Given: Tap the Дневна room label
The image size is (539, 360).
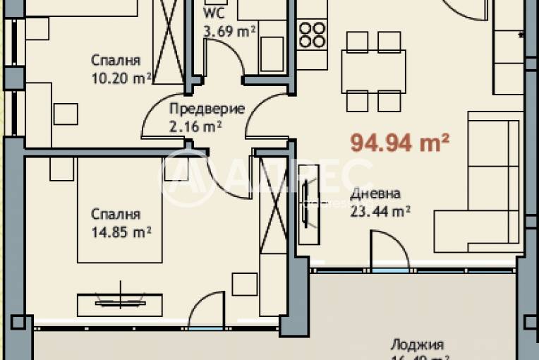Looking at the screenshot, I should coord(375,193).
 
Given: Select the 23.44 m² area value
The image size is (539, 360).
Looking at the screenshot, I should coord(380,210).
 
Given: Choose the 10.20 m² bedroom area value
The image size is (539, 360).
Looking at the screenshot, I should coord(121,76).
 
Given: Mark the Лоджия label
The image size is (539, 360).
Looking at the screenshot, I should coord(416,345).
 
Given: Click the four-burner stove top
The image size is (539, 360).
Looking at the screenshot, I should coord(311,34).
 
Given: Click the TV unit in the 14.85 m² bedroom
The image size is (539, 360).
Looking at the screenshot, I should coord(119,301).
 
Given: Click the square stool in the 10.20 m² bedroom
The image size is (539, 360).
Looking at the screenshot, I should coord(66,113).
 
